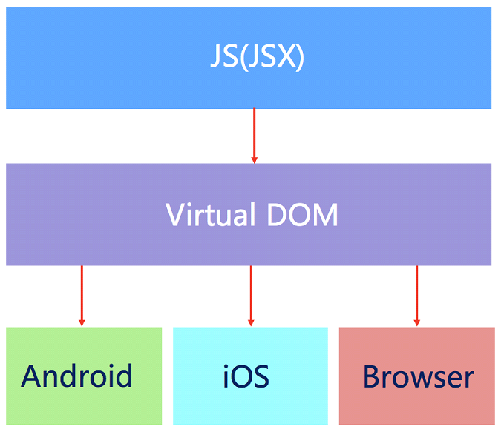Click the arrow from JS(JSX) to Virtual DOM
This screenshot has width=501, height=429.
pos(254,133)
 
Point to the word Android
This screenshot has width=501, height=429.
pos(77,376)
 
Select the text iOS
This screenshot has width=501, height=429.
pos(246,376)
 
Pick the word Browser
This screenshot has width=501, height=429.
pos(418,376)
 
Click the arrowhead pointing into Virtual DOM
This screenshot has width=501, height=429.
pos(254,159)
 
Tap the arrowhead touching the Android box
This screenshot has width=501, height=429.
pos(82,322)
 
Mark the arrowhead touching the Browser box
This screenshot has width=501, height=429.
pos(416,322)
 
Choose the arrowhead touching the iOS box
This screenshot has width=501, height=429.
pos(251,322)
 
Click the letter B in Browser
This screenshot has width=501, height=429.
pos(371,376)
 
